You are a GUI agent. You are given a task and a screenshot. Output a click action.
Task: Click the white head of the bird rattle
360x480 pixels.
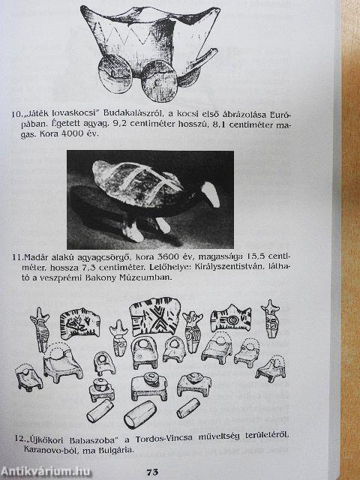pyautogui.click(x=210, y=195)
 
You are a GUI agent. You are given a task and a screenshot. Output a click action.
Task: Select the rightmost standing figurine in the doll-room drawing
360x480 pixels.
pyautogui.click(x=271, y=318)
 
